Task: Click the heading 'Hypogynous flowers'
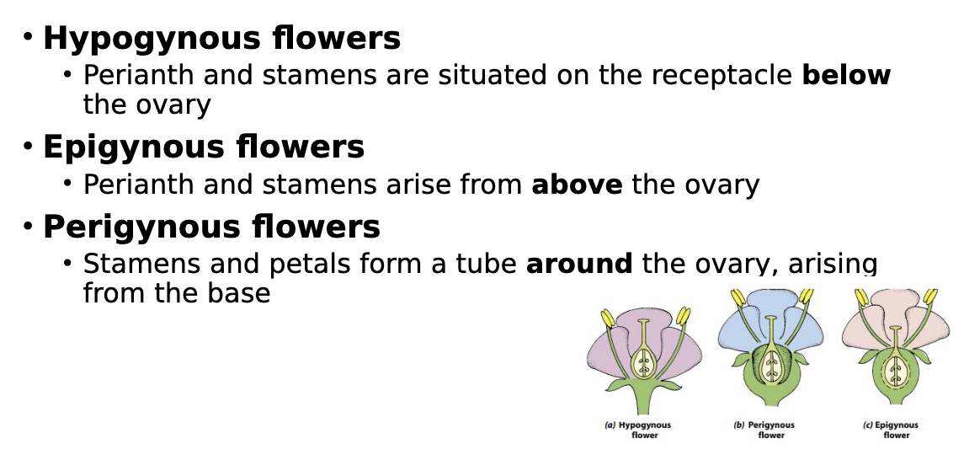(x=221, y=39)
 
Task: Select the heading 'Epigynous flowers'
(x=203, y=147)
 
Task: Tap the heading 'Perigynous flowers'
(x=211, y=227)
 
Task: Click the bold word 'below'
(x=846, y=75)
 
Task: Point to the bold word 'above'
(x=577, y=184)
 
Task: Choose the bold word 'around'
(x=578, y=264)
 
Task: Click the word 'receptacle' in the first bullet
(x=714, y=75)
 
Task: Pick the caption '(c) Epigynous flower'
(x=896, y=430)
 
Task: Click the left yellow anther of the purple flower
(x=608, y=320)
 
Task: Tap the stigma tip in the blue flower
(x=770, y=318)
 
